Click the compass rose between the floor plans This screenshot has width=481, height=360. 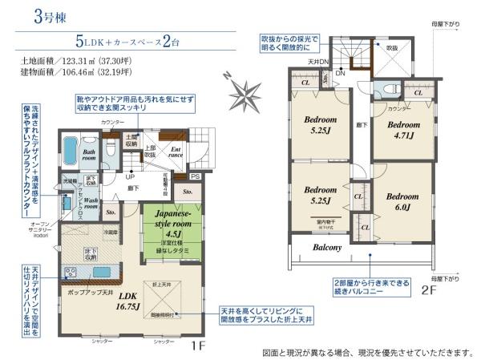pos(241,86)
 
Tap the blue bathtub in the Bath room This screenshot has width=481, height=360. pos(68,151)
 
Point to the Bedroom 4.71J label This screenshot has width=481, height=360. pos(400,130)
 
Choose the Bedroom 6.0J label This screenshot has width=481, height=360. pos(398,200)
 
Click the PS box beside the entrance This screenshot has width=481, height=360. pos(195,176)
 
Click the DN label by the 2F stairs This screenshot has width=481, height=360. pos(340,72)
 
